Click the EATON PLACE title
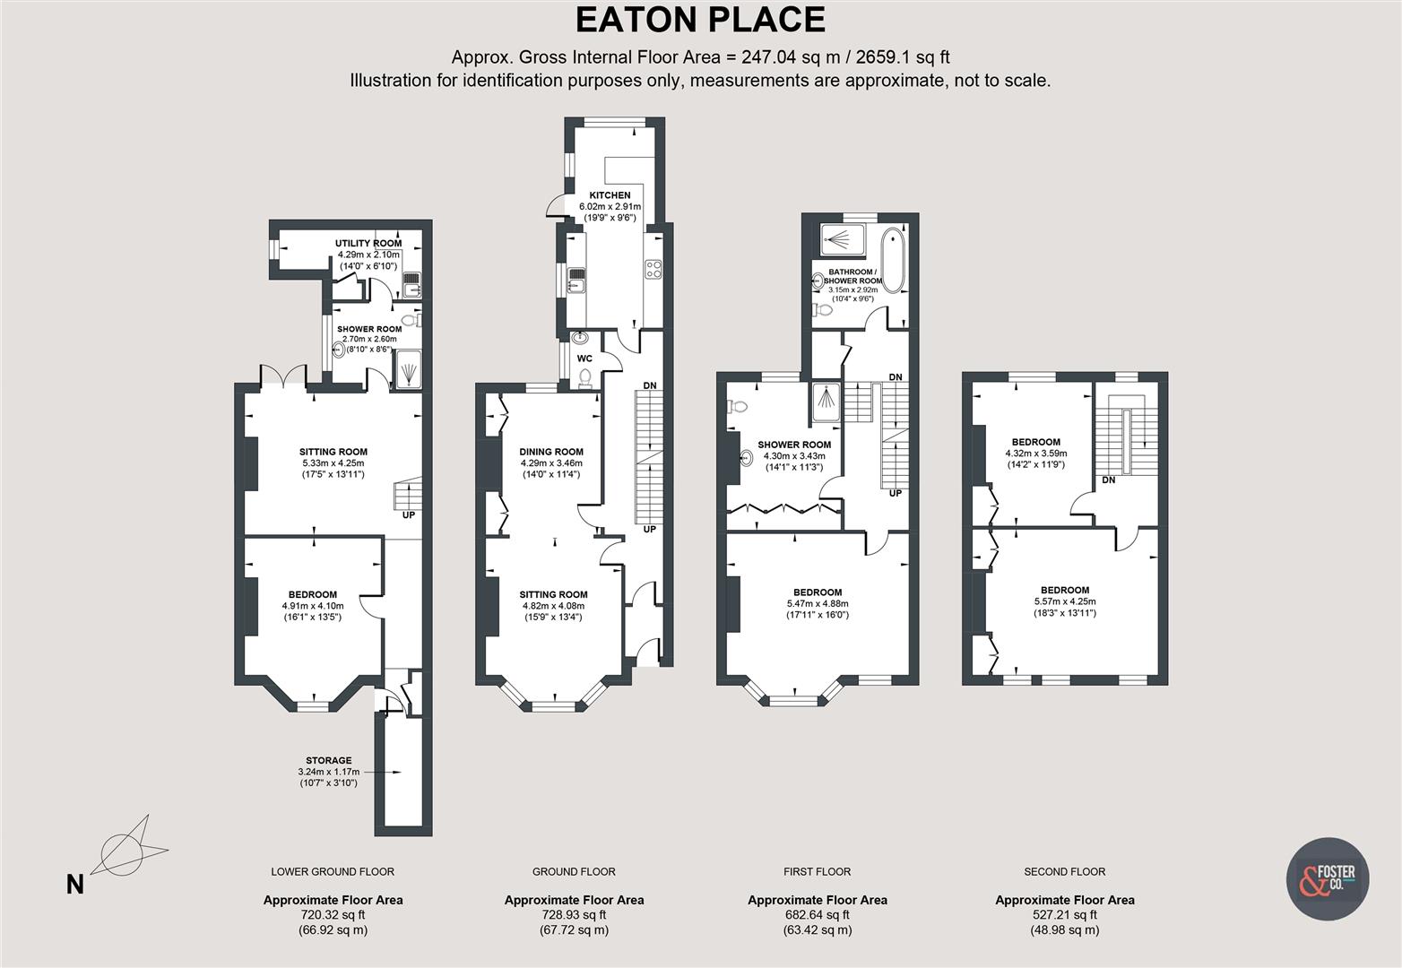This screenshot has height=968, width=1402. [x=699, y=20]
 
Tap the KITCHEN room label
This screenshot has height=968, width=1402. [x=610, y=195]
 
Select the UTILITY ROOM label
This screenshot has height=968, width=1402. [x=368, y=244]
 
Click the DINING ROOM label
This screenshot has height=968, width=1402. [x=551, y=453]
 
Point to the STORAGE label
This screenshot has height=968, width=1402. [x=328, y=760]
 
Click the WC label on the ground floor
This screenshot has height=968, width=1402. [x=584, y=359]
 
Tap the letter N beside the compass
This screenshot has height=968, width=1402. [x=75, y=885]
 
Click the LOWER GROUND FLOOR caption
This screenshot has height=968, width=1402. [x=333, y=871]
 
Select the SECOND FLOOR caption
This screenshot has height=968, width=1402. [x=1064, y=871]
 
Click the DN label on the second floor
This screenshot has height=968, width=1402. [x=1108, y=480]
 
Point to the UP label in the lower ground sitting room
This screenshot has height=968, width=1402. [x=409, y=515]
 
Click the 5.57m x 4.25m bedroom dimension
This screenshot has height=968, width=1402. [x=1065, y=601]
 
